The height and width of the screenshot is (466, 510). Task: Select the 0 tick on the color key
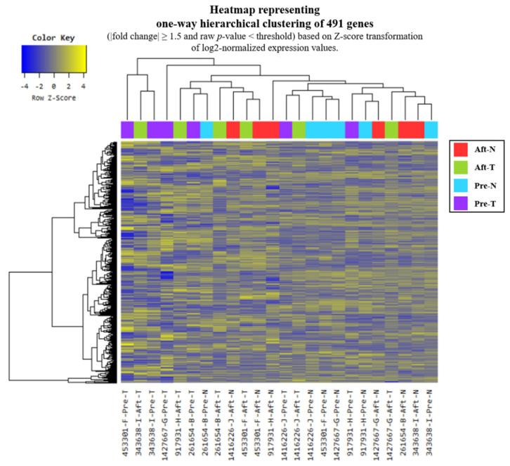pyautogui.click(x=53, y=89)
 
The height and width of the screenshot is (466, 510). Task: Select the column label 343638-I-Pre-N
pyautogui.click(x=431, y=422)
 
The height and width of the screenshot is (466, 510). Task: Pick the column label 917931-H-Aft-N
pyautogui.click(x=273, y=422)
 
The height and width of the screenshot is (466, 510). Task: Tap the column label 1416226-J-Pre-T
pyautogui.click(x=286, y=422)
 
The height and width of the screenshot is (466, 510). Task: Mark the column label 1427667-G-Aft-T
pyautogui.click(x=391, y=422)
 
